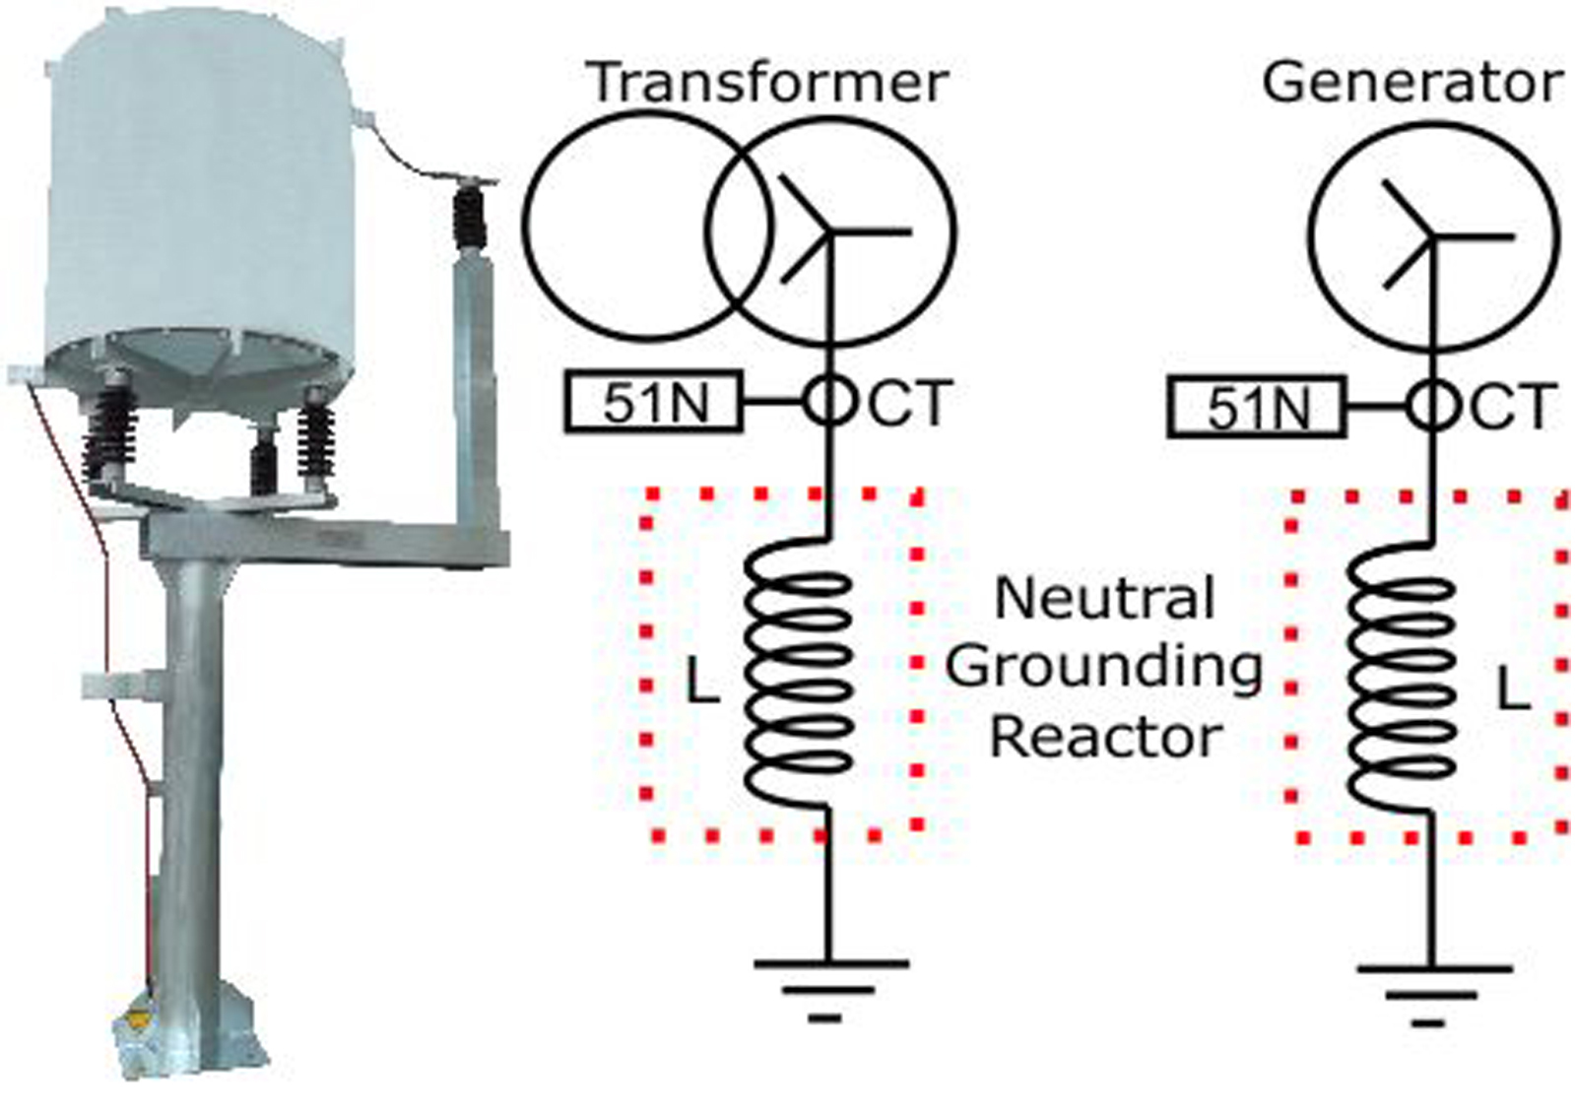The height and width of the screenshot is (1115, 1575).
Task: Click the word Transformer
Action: (x=767, y=82)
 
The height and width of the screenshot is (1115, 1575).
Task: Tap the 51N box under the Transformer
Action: (x=654, y=402)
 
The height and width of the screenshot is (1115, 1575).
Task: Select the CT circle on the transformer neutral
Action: (x=828, y=401)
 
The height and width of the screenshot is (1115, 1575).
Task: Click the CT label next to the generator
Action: (x=1513, y=407)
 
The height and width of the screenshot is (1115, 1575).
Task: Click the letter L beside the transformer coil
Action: (x=701, y=682)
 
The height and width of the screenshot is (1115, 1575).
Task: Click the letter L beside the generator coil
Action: (x=1513, y=689)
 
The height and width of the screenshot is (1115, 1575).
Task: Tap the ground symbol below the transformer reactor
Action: (x=828, y=986)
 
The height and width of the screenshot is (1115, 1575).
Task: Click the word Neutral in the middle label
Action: (x=1104, y=598)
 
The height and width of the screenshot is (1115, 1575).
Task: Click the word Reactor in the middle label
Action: (x=1105, y=737)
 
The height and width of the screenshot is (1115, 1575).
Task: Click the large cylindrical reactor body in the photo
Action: (x=202, y=197)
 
